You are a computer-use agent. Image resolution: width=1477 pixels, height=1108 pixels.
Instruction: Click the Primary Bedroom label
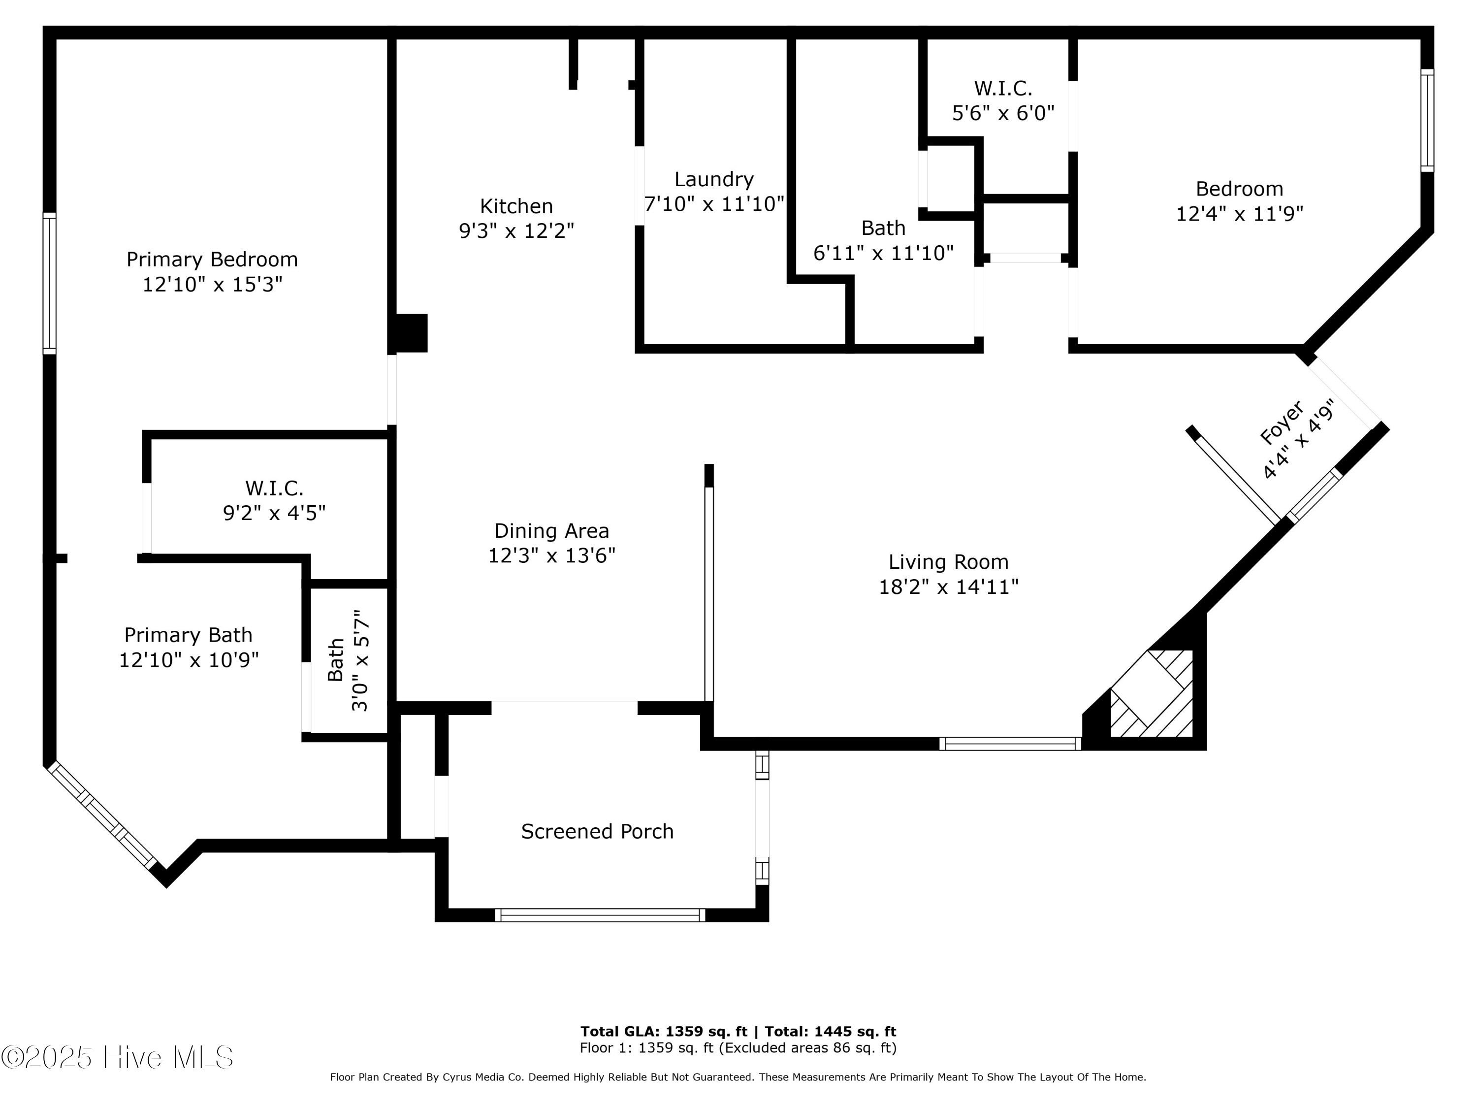tap(212, 259)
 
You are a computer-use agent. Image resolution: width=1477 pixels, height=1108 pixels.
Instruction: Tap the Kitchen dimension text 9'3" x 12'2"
tap(516, 231)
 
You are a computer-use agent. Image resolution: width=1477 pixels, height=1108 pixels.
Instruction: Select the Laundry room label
tap(714, 180)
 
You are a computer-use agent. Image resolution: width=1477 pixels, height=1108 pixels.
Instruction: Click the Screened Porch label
tap(597, 832)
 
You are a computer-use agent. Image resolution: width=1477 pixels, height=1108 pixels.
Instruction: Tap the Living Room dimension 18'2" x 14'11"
tap(948, 587)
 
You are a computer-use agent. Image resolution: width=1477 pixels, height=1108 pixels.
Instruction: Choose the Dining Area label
tap(551, 531)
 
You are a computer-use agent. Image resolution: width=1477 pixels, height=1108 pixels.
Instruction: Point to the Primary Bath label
tap(188, 635)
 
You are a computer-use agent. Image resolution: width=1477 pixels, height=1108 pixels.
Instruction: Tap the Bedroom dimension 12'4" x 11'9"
tap(1239, 214)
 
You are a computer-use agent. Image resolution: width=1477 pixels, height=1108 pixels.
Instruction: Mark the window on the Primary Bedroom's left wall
tap(49, 283)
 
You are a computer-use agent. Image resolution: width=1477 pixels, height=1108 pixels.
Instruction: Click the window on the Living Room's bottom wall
tap(1010, 743)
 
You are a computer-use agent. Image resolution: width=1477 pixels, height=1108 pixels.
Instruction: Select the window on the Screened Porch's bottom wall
tap(600, 915)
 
